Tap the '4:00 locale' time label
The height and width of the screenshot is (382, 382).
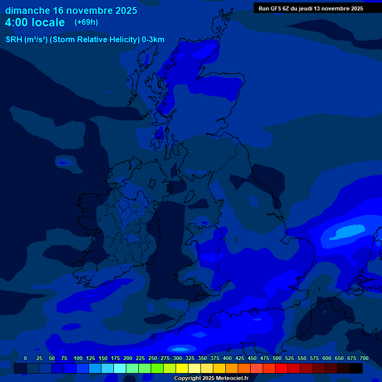[35, 22]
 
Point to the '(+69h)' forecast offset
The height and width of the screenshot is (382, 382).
[86, 22]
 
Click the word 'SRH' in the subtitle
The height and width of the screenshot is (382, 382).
[13, 40]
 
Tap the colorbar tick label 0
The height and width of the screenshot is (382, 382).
[25, 358]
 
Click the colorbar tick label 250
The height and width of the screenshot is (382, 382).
[153, 358]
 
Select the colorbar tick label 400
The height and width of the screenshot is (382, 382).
[227, 358]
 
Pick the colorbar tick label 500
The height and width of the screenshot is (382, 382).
[277, 358]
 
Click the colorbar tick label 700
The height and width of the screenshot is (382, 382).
[364, 358]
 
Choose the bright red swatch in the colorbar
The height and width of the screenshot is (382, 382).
[282, 368]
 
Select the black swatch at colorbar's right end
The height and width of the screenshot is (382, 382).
[356, 368]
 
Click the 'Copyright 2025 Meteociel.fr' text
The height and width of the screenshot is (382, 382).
[211, 379]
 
